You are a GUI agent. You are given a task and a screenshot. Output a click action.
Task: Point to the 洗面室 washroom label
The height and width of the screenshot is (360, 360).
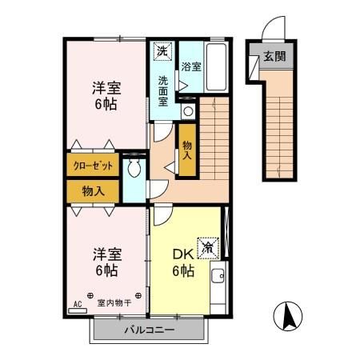tap(163, 91)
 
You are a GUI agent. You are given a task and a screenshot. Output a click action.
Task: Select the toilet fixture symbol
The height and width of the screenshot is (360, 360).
tap(134, 168)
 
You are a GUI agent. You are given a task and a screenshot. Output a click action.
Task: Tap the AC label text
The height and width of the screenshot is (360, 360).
tap(78, 304)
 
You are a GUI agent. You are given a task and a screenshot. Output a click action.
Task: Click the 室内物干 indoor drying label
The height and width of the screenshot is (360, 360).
tap(114, 303)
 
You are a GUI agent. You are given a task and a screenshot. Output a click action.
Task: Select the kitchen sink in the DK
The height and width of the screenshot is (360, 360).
tap(218, 278)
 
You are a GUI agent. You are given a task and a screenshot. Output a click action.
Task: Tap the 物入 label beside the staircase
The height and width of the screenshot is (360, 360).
tap(186, 150)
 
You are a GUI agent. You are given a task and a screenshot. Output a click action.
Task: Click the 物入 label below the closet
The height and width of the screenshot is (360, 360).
tap(94, 191)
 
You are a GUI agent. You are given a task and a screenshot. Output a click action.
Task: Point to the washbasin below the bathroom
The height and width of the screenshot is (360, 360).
tap(187, 111)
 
